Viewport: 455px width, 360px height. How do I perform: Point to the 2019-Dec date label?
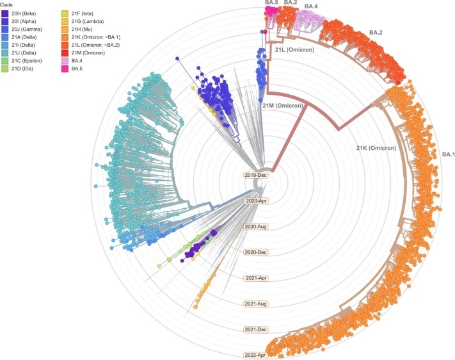pyautogui.click(x=254, y=174)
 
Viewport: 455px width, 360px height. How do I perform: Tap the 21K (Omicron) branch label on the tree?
pyautogui.click(x=376, y=148)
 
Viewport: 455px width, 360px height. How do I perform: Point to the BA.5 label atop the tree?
pyautogui.click(x=271, y=3)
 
